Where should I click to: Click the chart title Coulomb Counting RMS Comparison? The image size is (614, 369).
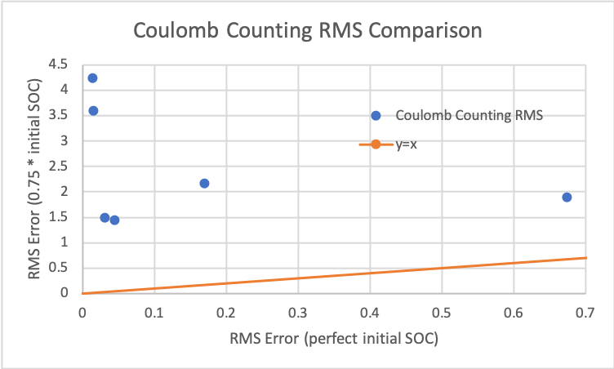pyautogui.click(x=308, y=31)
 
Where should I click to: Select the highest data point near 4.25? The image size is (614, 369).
pyautogui.click(x=92, y=78)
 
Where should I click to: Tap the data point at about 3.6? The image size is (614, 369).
pyautogui.click(x=93, y=111)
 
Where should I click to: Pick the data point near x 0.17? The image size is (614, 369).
pyautogui.click(x=204, y=183)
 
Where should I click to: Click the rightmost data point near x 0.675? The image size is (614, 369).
pyautogui.click(x=567, y=197)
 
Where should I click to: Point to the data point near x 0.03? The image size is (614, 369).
pyautogui.click(x=105, y=217)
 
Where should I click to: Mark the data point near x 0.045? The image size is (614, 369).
pyautogui.click(x=114, y=220)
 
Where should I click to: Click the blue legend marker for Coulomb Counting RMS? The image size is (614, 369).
pyautogui.click(x=376, y=116)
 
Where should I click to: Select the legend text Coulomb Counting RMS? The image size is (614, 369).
pyautogui.click(x=469, y=116)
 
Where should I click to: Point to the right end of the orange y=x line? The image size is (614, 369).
pyautogui.click(x=585, y=258)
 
